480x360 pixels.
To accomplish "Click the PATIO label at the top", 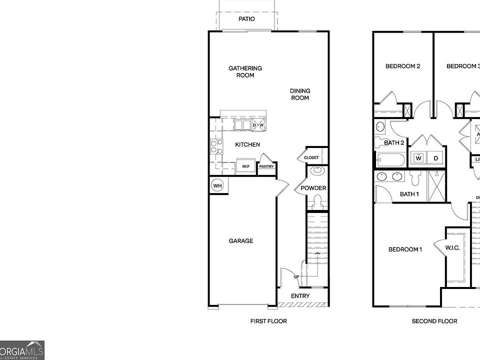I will (246, 19).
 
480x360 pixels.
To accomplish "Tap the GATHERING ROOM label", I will (245, 71).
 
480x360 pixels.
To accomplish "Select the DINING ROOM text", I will (300, 94).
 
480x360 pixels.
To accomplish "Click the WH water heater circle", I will (217, 185).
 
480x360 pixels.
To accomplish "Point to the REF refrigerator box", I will (245, 166).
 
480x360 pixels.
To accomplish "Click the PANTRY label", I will (266, 166).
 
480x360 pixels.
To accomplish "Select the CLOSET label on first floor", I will (311, 157).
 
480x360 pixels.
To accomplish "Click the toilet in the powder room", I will (316, 202).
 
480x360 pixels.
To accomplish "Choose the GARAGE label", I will (241, 241).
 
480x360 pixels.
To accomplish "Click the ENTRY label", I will (300, 296).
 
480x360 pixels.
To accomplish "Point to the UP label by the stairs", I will (296, 276).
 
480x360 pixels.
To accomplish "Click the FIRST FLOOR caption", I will (268, 321).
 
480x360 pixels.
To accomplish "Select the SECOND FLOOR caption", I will (434, 321).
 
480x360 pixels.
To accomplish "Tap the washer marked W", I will (418, 158).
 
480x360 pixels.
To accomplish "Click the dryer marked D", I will (435, 158).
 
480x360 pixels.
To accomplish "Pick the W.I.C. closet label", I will (452, 248).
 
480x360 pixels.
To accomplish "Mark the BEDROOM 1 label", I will (405, 249).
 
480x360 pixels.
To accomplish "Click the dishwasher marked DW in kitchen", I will (258, 125).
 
